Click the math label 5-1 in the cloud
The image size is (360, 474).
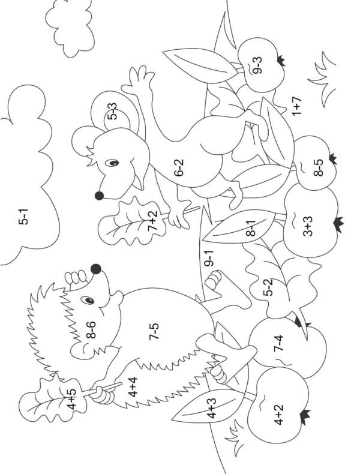[23, 217]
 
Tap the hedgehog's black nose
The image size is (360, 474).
[96, 269]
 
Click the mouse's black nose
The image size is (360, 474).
[99, 196]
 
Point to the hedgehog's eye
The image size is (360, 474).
[88, 300]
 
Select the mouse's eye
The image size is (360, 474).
[112, 163]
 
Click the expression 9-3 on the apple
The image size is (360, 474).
[257, 65]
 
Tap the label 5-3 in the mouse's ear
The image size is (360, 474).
[112, 111]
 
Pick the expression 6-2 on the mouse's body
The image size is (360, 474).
[179, 168]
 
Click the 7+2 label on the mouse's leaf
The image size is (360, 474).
[152, 221]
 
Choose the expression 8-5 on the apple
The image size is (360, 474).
[318, 167]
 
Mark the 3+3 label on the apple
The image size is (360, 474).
[307, 226]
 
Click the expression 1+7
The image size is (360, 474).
[297, 106]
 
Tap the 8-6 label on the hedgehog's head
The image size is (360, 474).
[91, 329]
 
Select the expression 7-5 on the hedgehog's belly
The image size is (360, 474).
[154, 332]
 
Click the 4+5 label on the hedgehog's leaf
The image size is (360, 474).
[71, 399]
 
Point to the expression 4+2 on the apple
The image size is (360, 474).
[278, 415]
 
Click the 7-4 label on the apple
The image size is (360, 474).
[278, 343]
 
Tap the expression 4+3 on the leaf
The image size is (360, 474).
[212, 408]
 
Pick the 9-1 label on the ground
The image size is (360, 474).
[209, 258]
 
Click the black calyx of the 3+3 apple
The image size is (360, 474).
[339, 225]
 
